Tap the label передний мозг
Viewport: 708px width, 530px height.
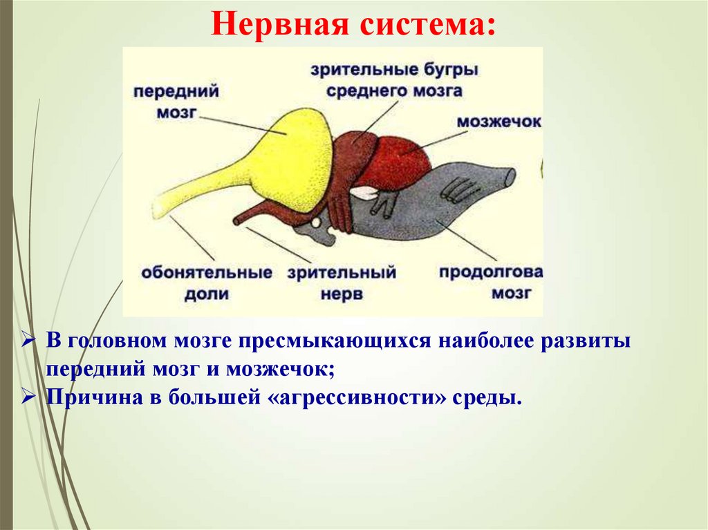(176, 102)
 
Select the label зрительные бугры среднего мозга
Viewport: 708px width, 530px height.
(394, 79)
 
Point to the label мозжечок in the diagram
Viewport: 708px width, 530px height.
(499, 121)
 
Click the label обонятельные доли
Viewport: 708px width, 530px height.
(206, 283)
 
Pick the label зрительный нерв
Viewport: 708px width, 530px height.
(342, 283)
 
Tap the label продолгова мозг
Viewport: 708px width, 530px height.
(491, 281)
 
